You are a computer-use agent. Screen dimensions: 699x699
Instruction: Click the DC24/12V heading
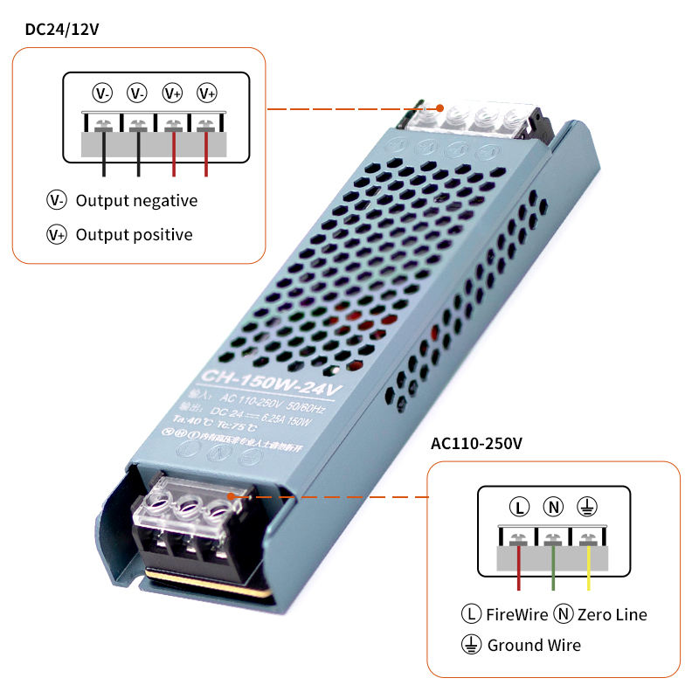(61, 29)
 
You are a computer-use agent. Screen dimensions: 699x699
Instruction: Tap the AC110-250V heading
(476, 443)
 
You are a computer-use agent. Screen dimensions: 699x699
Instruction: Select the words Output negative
(136, 201)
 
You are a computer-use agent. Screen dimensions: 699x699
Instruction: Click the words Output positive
(134, 234)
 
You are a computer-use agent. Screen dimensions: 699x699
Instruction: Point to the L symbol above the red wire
(519, 507)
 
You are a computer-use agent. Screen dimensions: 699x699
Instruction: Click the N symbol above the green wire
(553, 507)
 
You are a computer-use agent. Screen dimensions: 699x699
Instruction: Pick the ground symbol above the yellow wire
(588, 507)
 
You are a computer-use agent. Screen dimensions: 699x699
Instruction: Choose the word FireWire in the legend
(516, 614)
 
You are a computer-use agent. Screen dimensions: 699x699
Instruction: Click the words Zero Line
(612, 614)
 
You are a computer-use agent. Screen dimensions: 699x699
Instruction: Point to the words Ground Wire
(534, 646)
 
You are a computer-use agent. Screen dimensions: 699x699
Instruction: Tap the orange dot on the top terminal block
(440, 110)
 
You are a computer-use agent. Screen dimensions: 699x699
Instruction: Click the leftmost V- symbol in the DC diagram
(103, 93)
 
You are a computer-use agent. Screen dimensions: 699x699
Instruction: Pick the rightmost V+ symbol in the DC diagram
(207, 93)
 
